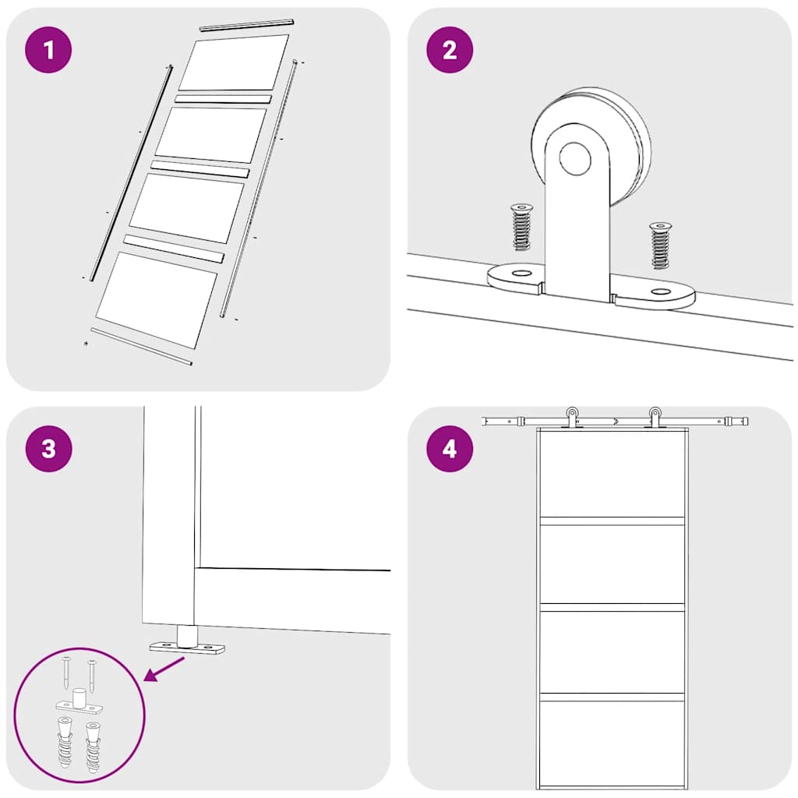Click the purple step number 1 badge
[x=49, y=51]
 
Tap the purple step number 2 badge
[x=450, y=51]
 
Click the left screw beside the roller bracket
[x=520, y=228]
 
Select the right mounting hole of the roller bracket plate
[x=661, y=292]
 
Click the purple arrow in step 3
[x=166, y=669]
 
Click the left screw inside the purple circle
[x=67, y=672]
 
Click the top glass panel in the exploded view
[x=234, y=62]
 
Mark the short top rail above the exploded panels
[x=245, y=25]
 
